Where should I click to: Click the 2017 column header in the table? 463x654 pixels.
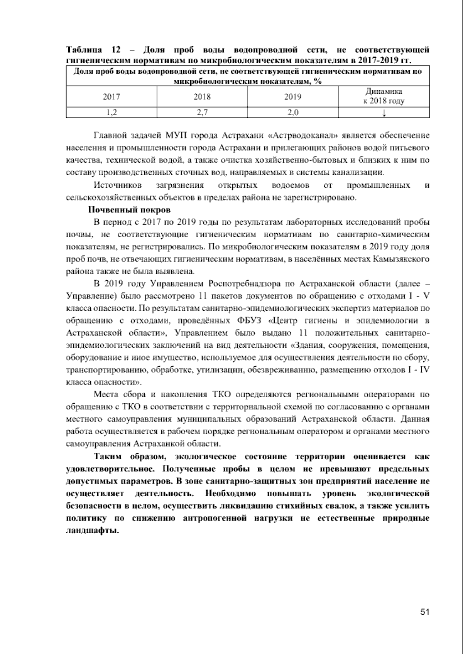pos(111,97)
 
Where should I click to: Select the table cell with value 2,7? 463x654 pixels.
pos(202,113)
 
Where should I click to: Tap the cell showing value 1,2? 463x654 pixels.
pos(111,113)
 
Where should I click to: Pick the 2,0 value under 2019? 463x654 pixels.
pos(293,113)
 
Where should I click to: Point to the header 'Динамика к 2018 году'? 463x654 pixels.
pos(384,96)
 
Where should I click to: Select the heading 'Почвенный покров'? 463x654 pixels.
pos(129,210)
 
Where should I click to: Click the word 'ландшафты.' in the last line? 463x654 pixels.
pos(92,530)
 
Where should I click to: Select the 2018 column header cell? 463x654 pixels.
pos(202,97)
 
